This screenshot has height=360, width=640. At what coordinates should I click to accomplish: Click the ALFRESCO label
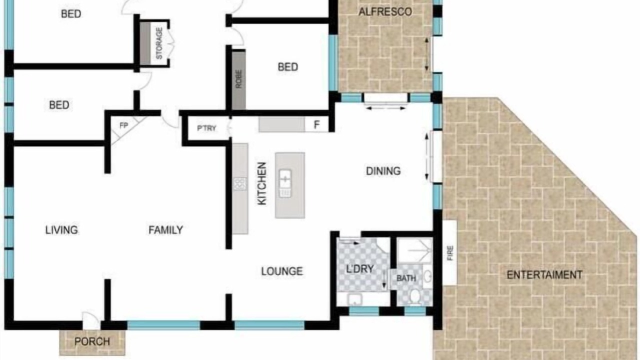point(385,12)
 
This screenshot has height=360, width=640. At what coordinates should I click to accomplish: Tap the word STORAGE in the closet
point(159,43)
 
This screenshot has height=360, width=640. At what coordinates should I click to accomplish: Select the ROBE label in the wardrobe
point(238,79)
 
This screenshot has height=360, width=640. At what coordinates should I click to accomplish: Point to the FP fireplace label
point(123,125)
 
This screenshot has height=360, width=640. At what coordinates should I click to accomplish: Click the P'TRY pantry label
point(206,128)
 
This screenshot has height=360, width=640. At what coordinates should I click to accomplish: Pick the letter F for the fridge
point(316,125)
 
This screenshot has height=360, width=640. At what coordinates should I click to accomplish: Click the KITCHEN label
point(262,183)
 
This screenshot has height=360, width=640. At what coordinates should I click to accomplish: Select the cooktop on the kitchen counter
point(239,184)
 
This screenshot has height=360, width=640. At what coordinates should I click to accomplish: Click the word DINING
point(383,171)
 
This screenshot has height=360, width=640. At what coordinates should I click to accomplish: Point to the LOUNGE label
point(282,271)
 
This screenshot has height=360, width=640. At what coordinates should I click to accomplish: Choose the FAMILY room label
point(165,230)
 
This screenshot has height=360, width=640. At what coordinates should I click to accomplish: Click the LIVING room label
point(61,230)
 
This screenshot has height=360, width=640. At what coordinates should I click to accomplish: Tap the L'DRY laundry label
point(359,269)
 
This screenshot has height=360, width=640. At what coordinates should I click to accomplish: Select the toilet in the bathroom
point(415,296)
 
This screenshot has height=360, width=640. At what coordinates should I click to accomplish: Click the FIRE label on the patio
point(450,253)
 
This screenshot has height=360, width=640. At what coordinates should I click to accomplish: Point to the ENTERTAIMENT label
point(544,275)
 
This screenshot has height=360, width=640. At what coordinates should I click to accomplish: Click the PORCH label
point(92,341)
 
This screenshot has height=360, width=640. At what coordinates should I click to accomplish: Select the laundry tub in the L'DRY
point(355,299)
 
